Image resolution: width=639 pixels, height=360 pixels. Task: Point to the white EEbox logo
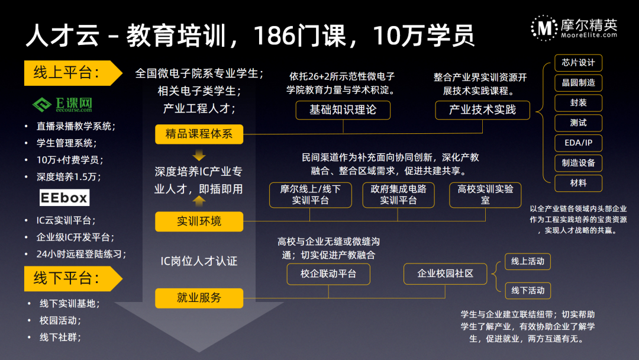pos(64,197)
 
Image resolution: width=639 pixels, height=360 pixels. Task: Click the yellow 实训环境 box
pos(199,221)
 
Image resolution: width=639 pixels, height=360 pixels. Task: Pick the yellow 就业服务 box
pos(199,298)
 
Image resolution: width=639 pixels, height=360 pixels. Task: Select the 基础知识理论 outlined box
pos(343,110)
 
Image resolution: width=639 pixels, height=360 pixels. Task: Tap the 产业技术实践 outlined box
pos(482,110)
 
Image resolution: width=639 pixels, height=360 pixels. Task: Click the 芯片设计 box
pos(578,63)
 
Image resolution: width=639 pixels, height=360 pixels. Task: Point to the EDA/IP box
pos(578,143)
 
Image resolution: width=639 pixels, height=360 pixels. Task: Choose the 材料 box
pos(578,183)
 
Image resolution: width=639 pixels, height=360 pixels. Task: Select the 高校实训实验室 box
pos(486,195)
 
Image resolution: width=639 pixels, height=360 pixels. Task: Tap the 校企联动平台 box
pos(328,274)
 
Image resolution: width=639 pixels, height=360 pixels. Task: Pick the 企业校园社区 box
pos(446,274)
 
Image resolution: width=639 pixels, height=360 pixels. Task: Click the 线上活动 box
pos(528,261)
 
